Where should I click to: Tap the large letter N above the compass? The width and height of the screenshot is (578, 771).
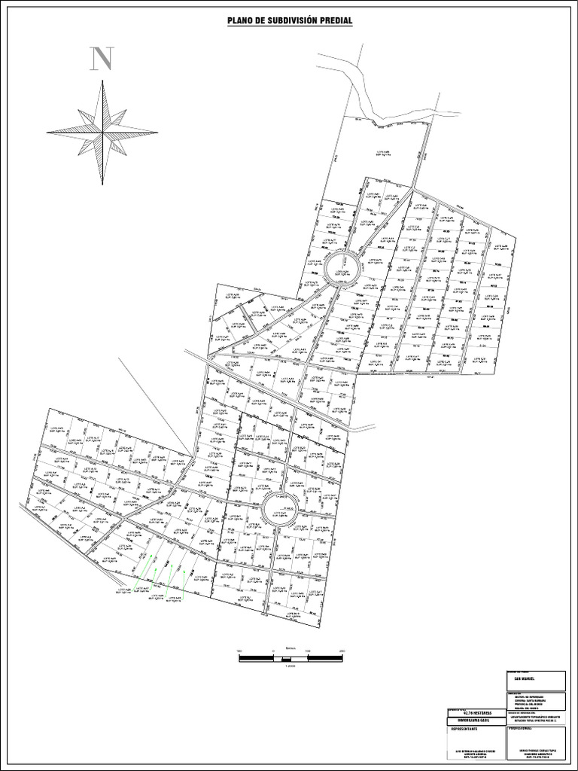pyautogui.click(x=102, y=59)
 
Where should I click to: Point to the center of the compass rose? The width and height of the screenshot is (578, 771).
pyautogui.click(x=102, y=132)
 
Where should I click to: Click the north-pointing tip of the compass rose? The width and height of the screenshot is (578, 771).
pyautogui.click(x=102, y=81)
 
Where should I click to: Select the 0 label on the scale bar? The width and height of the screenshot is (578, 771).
pyautogui.click(x=272, y=651)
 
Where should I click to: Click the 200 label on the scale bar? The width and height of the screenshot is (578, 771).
pyautogui.click(x=342, y=651)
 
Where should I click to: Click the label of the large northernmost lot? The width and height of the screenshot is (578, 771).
pyautogui.click(x=385, y=153)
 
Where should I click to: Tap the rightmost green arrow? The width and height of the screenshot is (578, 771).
pyautogui.click(x=183, y=578)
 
